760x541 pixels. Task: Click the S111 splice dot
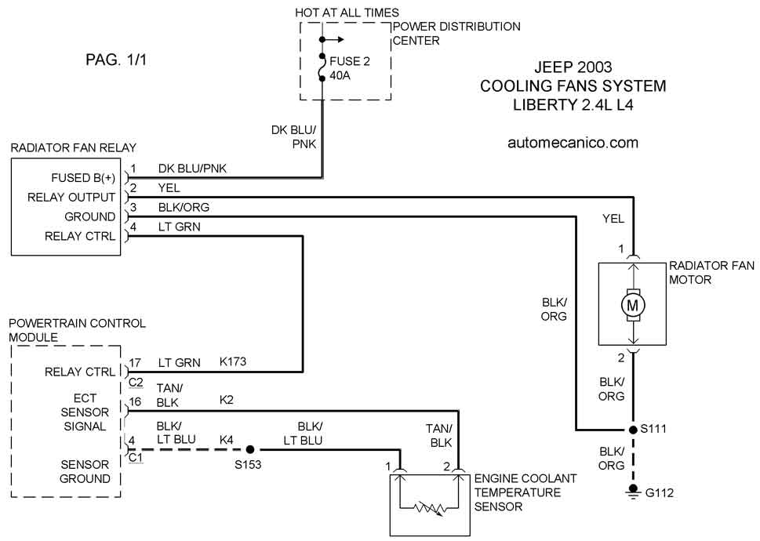coord(632,430)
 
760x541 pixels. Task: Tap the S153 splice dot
coord(250,449)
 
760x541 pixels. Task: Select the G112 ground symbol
coord(632,492)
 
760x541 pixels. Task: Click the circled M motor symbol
coord(632,305)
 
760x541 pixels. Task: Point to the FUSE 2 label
coord(350,61)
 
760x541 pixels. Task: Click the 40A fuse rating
coord(340,75)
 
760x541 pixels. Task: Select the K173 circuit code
coord(233,361)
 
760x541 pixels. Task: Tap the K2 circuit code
coord(227,400)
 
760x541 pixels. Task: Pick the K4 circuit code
coord(227,440)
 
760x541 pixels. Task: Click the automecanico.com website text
coord(573,143)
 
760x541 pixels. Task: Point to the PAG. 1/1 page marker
coord(116,60)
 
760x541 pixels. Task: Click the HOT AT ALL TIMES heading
coord(347,13)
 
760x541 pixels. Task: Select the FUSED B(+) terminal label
coord(83,178)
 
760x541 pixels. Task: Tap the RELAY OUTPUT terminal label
coord(71,198)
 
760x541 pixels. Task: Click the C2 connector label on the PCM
coord(136,382)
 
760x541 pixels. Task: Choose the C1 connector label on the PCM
coord(136,458)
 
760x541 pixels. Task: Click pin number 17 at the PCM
coord(135,363)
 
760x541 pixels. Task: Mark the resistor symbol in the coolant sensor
coord(428,509)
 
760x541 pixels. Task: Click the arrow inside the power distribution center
coord(333,40)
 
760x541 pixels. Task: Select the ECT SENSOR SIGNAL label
coord(85,412)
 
